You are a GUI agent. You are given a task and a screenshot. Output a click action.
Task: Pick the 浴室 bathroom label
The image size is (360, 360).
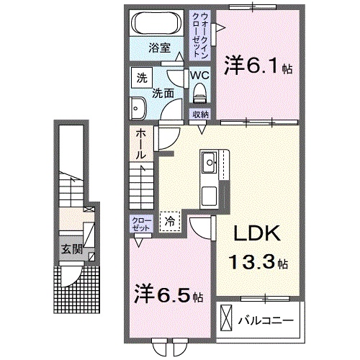click(x=159, y=49)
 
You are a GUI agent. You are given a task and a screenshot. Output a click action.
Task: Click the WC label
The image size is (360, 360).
click(x=199, y=73)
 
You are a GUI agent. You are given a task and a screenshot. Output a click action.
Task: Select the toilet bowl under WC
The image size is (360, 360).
click(x=199, y=92)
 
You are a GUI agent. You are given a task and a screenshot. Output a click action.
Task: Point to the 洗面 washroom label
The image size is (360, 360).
click(x=162, y=93)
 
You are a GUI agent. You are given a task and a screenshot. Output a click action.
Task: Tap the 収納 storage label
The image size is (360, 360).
click(x=200, y=114)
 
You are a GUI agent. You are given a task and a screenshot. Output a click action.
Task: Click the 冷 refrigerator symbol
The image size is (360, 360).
click(x=171, y=221)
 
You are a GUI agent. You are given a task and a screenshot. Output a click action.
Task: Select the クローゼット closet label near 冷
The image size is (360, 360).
click(x=140, y=222)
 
